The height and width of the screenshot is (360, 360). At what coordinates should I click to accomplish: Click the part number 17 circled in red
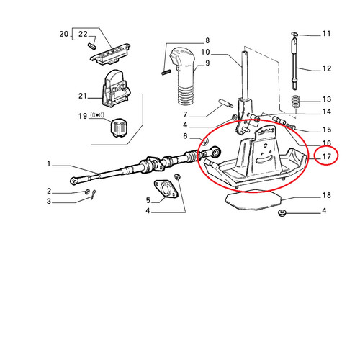coord(326,157)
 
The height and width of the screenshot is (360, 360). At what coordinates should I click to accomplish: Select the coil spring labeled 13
coord(296,102)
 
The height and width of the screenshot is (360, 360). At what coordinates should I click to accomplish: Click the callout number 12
coord(326,68)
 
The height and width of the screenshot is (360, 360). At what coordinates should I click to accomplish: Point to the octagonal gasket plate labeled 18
coord(253,200)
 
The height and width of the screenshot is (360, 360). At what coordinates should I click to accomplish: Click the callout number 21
coord(82,96)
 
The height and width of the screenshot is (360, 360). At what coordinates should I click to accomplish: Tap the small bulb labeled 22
coord(92,45)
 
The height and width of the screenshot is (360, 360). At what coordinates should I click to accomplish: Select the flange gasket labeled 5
coord(166,189)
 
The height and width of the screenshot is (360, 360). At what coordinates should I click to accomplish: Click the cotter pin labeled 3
coord(93,194)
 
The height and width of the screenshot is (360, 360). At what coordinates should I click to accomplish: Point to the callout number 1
coord(49,164)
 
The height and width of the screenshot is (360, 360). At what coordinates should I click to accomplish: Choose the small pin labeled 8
coord(166,72)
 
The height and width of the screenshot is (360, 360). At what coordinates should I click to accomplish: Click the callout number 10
coord(205,52)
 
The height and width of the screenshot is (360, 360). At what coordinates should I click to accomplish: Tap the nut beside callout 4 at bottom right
coord(281,212)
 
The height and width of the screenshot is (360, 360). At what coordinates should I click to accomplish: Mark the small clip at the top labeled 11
coord(294,34)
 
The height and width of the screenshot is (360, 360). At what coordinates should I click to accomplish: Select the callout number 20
coord(64,34)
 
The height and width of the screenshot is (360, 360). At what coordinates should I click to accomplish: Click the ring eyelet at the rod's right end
coord(216,152)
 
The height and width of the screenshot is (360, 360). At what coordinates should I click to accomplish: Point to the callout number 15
coord(327,130)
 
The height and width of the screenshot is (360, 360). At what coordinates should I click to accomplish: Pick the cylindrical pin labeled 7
coord(226,103)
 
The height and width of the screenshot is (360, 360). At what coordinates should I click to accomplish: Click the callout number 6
coord(185,136)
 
